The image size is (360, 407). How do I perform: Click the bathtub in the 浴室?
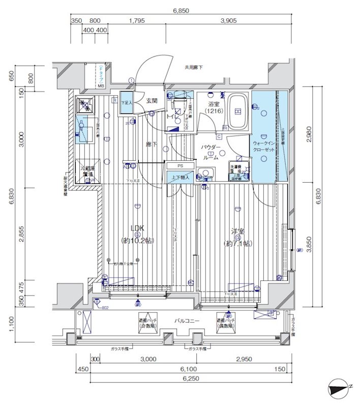pyautogui.click(x=236, y=111)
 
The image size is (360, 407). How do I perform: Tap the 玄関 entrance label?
pyautogui.click(x=152, y=101)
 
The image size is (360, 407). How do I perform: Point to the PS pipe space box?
pyautogui.click(x=180, y=166)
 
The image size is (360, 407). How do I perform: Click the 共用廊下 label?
pyautogui.click(x=193, y=67)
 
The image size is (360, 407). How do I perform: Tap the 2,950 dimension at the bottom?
pyautogui.click(x=244, y=359)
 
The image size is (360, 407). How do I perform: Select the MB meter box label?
pyautogui.click(x=101, y=86)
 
